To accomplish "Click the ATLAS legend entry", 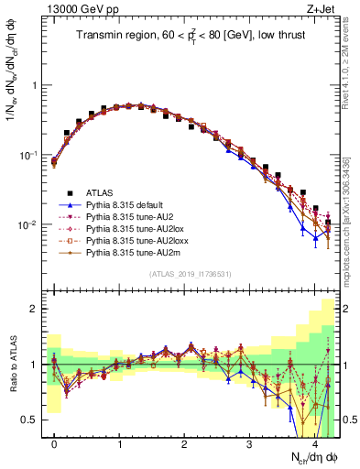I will pyautogui.click(x=98, y=193).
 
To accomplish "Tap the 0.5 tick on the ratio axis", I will pyautogui.click(x=34, y=420).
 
